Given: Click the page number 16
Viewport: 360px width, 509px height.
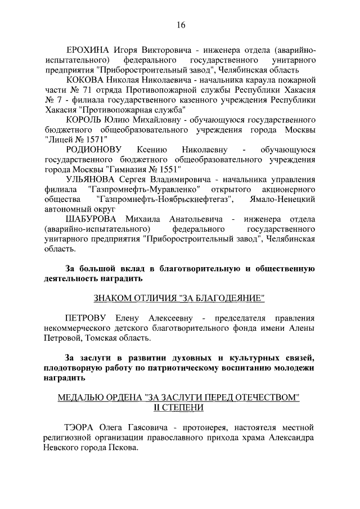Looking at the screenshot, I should click(181, 24).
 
